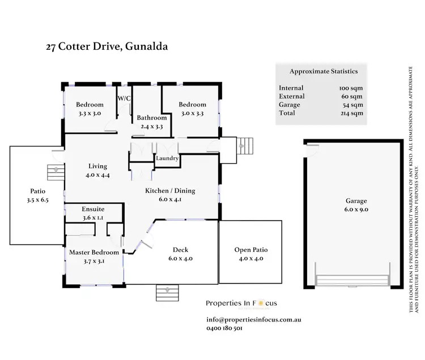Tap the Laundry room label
[x=167, y=158]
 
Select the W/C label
[x=124, y=98]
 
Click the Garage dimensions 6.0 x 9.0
[x=356, y=209]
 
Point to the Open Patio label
[x=250, y=250]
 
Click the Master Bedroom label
[x=94, y=252]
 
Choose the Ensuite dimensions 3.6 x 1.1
[x=93, y=217]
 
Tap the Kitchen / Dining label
[x=171, y=191]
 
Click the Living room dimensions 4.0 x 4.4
[x=97, y=175]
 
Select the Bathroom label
[x=151, y=118]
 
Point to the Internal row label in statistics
[x=291, y=88]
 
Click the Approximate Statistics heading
[x=323, y=71]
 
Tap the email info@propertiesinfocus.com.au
[x=253, y=320]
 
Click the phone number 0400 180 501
[x=225, y=328]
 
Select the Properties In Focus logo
[x=241, y=303]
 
